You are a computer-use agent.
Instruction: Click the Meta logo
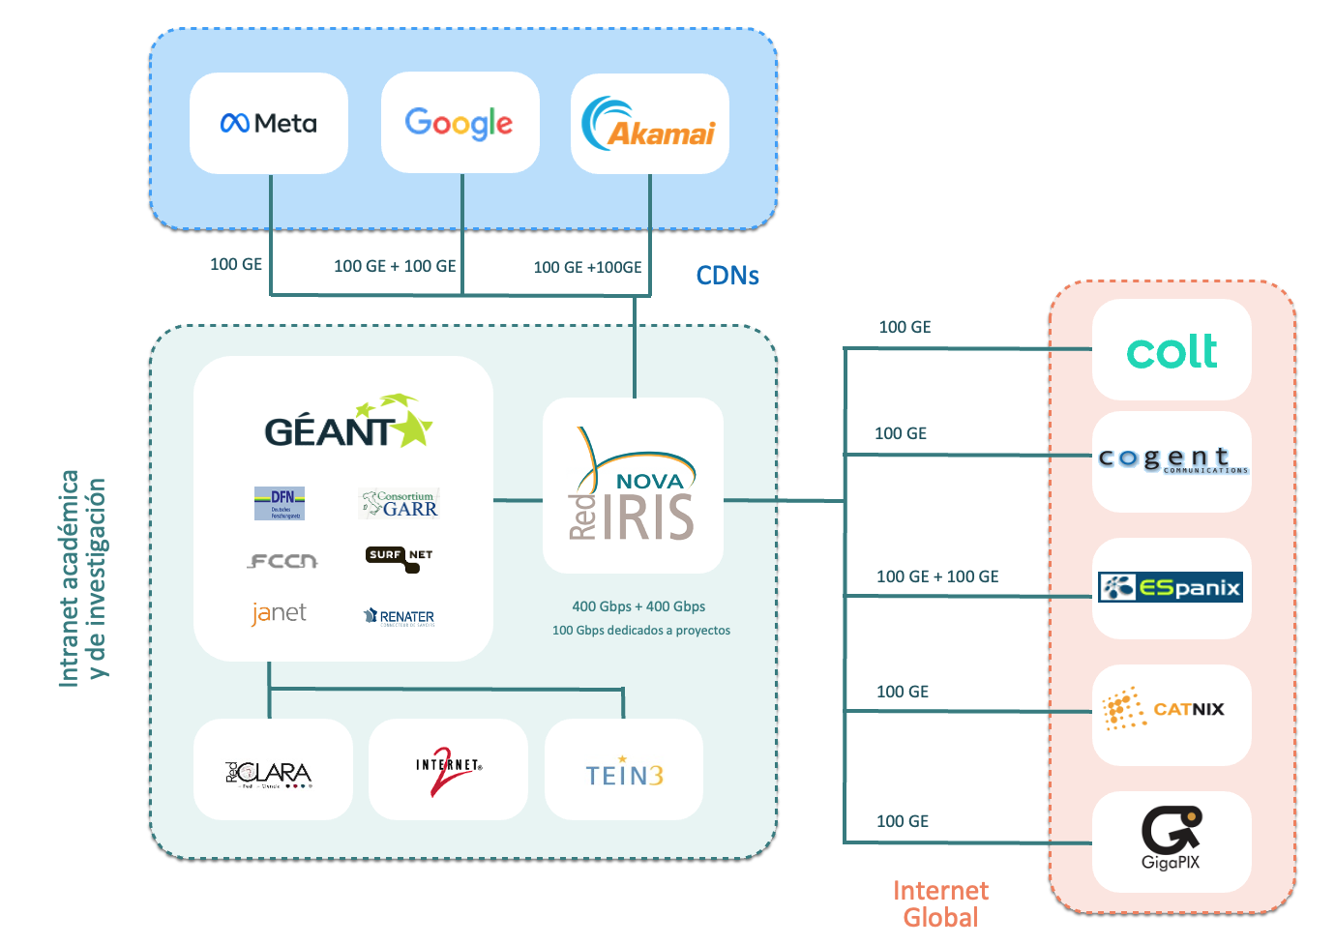click(x=269, y=124)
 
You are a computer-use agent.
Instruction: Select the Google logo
click(x=460, y=124)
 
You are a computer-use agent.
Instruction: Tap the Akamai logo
click(x=649, y=124)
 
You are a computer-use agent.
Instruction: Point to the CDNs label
click(x=727, y=276)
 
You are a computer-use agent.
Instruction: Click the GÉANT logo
click(x=347, y=424)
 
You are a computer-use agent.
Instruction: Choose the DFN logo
click(x=280, y=503)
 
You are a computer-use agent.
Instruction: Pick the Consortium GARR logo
click(x=400, y=503)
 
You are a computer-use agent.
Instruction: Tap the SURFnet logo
click(x=399, y=558)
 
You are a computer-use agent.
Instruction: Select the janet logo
click(x=279, y=613)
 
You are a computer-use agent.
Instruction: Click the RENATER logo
click(x=399, y=617)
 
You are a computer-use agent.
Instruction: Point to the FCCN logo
click(x=282, y=560)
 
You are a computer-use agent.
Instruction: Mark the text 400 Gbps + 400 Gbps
click(x=638, y=606)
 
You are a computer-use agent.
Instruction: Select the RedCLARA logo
click(x=269, y=773)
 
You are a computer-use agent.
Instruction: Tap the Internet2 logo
click(x=448, y=770)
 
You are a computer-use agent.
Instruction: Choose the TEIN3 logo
click(x=624, y=774)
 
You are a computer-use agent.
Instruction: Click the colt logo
click(x=1172, y=351)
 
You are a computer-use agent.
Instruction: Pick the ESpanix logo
click(x=1171, y=587)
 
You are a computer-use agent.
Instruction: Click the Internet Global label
click(x=940, y=903)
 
